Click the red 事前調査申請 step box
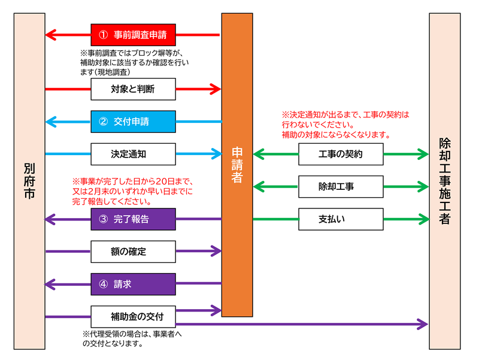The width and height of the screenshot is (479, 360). [133, 35]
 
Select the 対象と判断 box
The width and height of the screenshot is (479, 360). [133, 89]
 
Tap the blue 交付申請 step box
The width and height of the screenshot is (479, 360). [133, 122]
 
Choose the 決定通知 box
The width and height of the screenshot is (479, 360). [133, 154]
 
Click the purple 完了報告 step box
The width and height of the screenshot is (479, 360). [133, 219]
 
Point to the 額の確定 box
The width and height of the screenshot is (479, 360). [133, 252]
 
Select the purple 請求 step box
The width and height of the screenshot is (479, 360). [133, 284]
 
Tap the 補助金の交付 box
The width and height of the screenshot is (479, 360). [133, 316]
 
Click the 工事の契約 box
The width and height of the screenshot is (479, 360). [341, 155]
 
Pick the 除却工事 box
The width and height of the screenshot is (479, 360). [341, 187]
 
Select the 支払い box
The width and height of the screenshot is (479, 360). [341, 219]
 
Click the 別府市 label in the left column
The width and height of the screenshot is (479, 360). [29, 180]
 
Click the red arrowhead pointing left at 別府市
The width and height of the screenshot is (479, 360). [51, 35]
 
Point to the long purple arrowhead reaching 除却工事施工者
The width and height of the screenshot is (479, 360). [424, 324]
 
